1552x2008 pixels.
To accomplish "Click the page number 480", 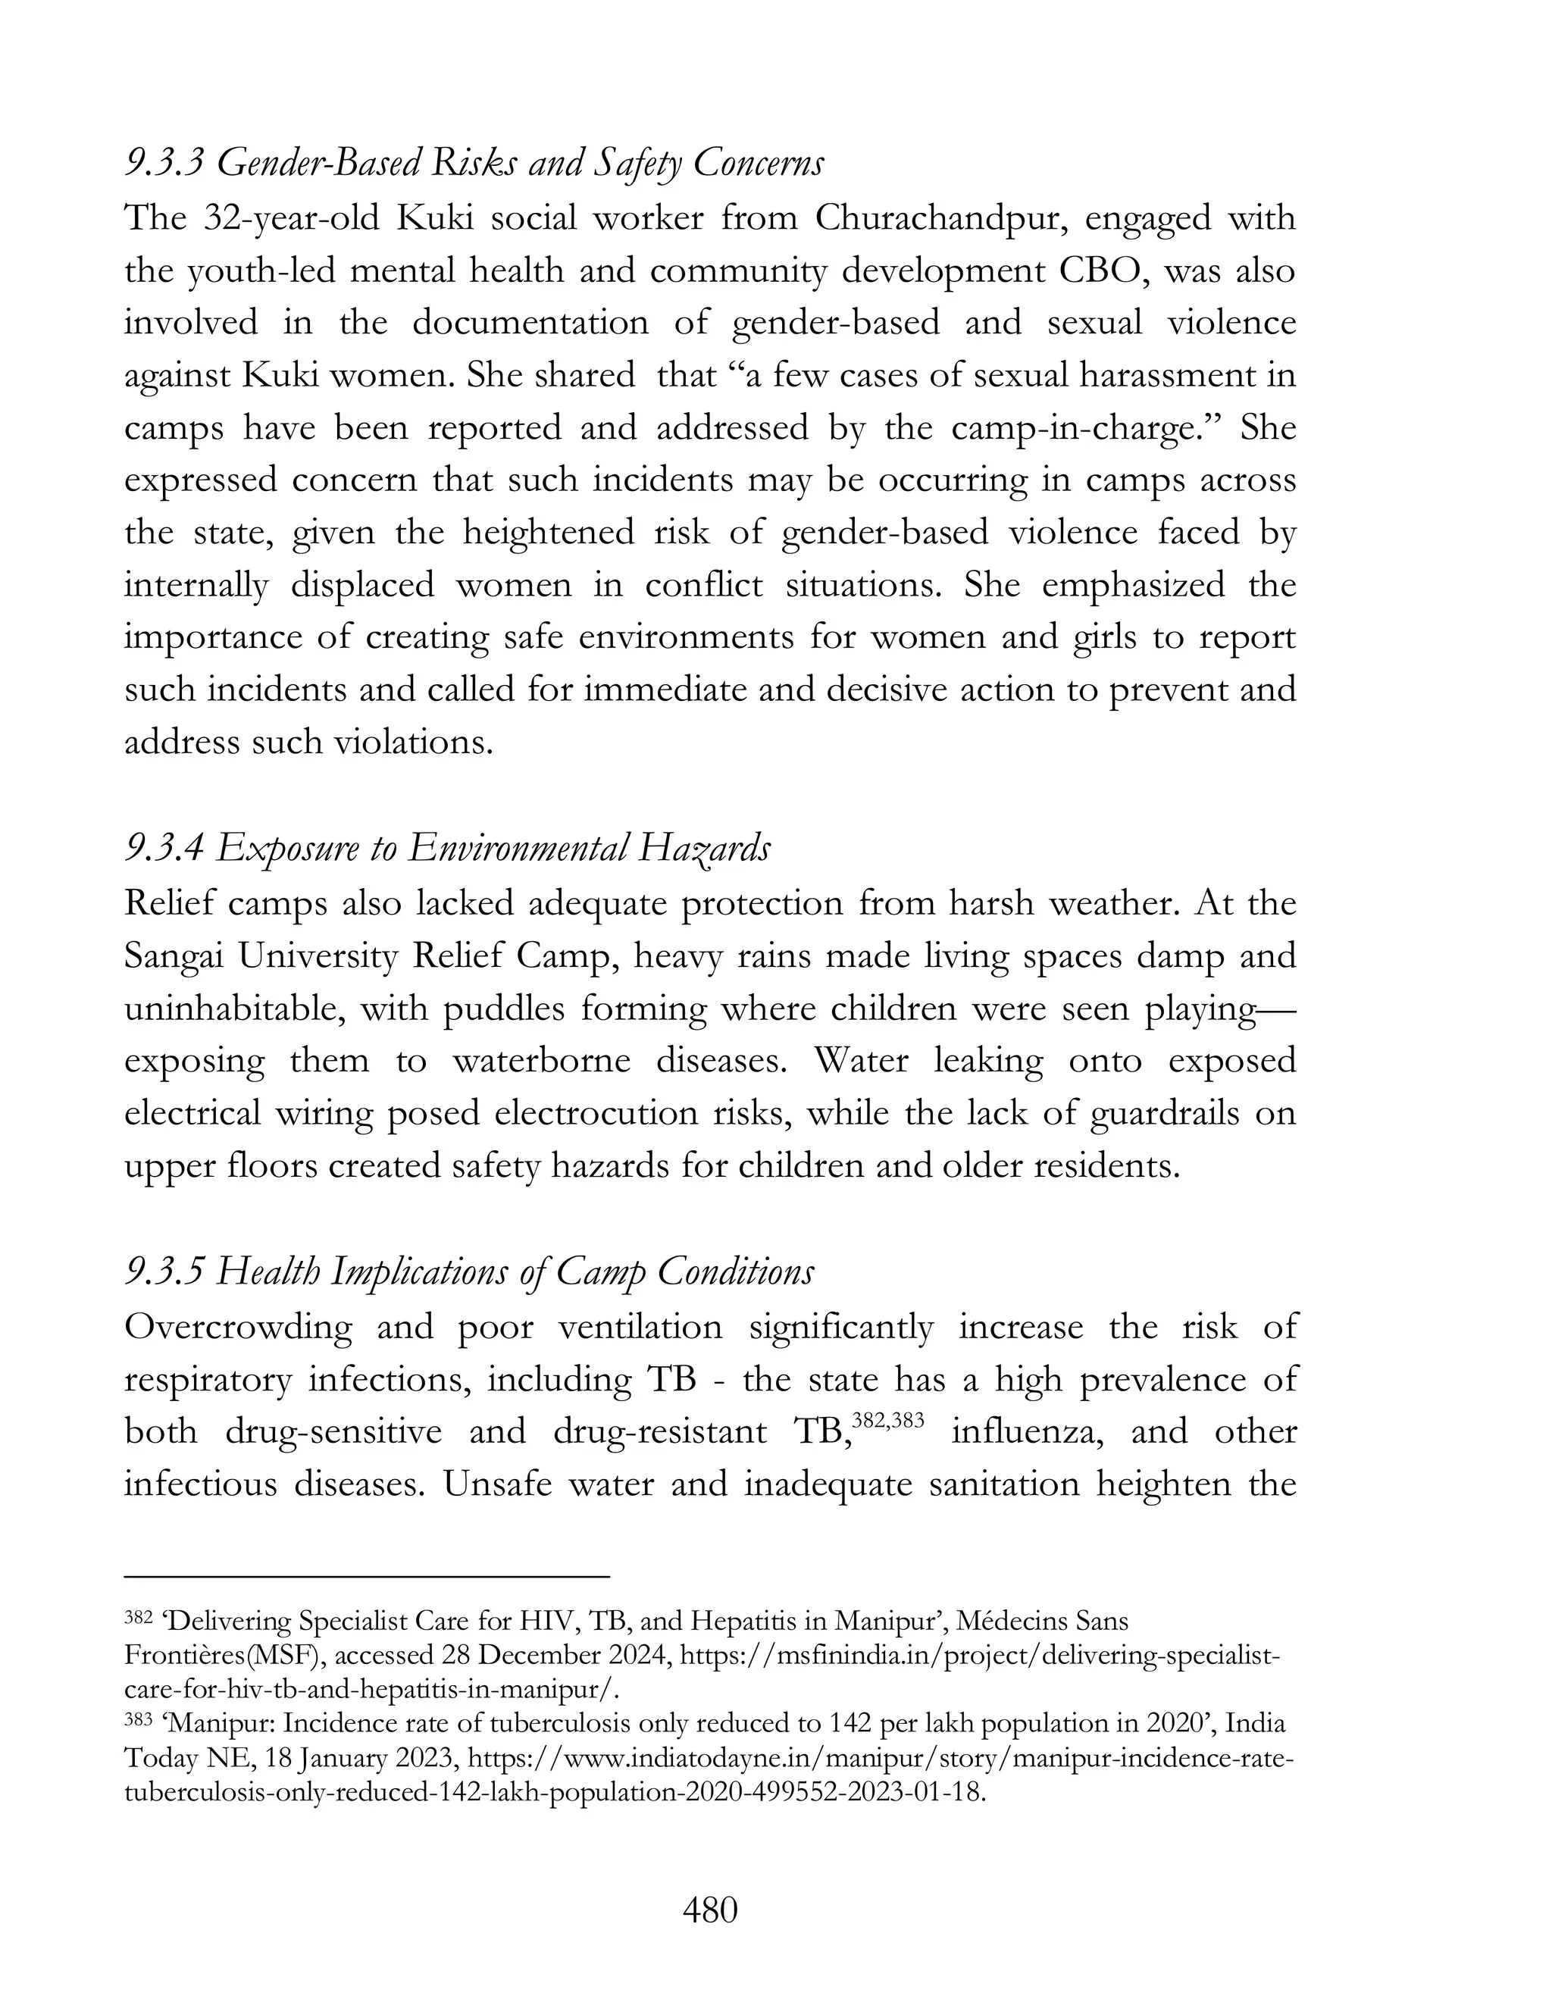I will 710,1910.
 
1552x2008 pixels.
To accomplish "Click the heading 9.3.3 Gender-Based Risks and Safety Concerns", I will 474,164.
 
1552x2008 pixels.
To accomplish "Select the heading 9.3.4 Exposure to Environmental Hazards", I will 447,848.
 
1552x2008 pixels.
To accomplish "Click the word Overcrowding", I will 237,1327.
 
